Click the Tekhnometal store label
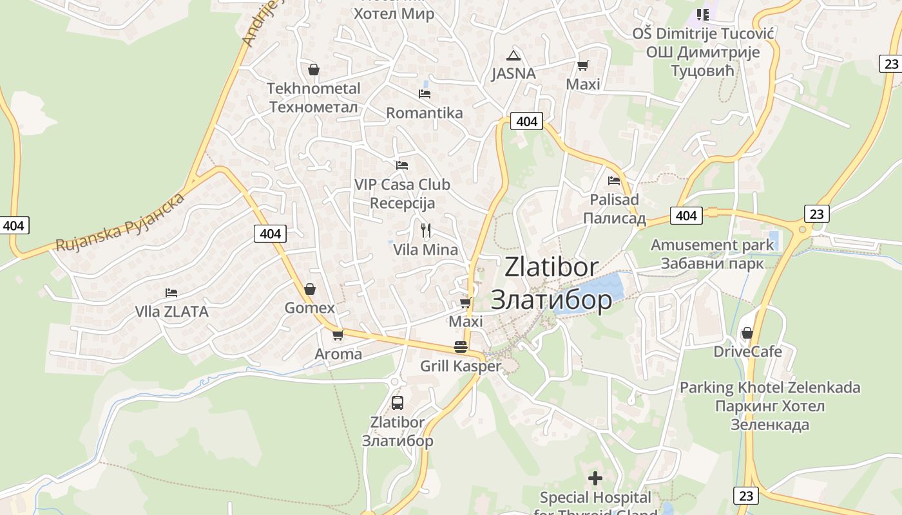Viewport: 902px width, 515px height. [x=314, y=97]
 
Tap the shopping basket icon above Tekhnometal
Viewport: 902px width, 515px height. [x=314, y=70]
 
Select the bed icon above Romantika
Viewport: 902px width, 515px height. [x=425, y=94]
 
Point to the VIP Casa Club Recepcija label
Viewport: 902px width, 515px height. [x=402, y=194]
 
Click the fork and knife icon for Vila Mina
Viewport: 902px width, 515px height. [x=425, y=230]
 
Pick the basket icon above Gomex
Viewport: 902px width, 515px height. [x=310, y=289]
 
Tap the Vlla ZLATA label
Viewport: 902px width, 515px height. [x=171, y=312]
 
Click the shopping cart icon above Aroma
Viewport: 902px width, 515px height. [x=338, y=335]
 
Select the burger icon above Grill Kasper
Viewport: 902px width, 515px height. [x=460, y=347]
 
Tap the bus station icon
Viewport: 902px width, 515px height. [x=398, y=403]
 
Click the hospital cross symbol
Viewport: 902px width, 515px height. [x=595, y=478]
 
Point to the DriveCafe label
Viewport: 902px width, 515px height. [x=747, y=351]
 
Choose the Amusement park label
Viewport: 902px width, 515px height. [x=712, y=254]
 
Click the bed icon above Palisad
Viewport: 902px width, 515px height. [x=614, y=181]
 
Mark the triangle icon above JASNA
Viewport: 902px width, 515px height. [x=513, y=55]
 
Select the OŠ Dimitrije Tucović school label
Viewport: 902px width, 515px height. [x=703, y=52]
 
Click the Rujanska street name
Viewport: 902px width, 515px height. [x=120, y=222]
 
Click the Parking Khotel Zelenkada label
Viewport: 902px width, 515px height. [x=770, y=406]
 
